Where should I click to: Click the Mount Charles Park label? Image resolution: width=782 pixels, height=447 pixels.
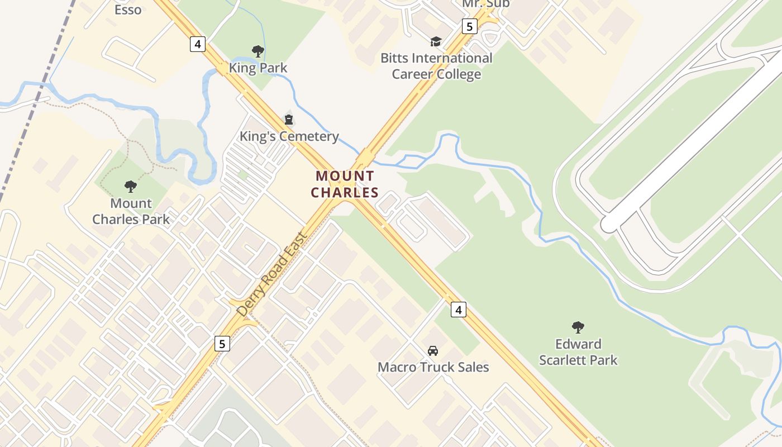(x=131, y=211)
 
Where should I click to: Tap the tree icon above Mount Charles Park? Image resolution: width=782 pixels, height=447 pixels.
(x=131, y=186)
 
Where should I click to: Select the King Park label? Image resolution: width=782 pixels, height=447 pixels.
(x=258, y=68)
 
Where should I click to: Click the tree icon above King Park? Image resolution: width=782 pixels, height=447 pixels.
(x=258, y=51)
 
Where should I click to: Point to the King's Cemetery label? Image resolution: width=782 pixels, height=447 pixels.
(x=289, y=136)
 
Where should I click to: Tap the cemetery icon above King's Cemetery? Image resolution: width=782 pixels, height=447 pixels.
(x=289, y=119)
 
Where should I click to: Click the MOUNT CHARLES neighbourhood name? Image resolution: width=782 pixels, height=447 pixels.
(x=345, y=184)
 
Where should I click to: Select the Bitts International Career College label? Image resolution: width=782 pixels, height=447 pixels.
(x=436, y=66)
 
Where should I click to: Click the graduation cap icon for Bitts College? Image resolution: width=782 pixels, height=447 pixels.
(x=435, y=41)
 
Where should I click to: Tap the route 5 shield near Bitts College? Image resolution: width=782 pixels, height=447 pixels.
(x=469, y=26)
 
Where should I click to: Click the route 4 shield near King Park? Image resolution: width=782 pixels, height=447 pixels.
(x=198, y=44)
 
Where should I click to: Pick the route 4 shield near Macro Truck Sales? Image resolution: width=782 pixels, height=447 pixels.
(x=458, y=309)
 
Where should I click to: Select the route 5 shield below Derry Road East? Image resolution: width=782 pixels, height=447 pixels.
(x=222, y=343)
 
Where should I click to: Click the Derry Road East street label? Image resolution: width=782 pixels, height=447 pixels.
(x=271, y=274)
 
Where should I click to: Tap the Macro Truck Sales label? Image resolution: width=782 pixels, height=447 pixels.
(x=433, y=367)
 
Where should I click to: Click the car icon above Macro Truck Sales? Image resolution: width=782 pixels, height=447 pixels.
(x=432, y=351)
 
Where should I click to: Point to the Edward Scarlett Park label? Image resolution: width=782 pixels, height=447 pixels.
(x=578, y=351)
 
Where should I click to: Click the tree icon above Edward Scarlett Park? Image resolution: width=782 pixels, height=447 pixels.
(x=578, y=327)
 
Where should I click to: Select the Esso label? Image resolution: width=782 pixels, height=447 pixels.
(x=128, y=9)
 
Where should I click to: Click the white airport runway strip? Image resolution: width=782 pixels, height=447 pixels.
(x=693, y=140)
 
